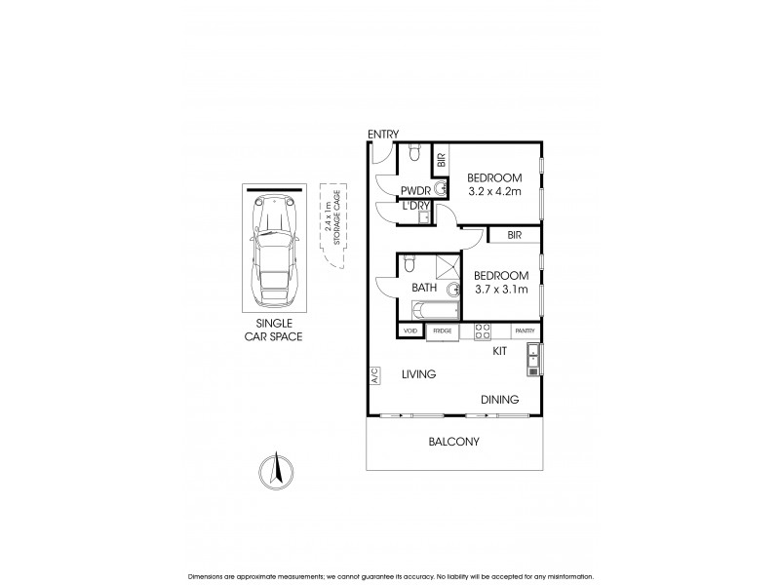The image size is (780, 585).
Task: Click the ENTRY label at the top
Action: (383, 134)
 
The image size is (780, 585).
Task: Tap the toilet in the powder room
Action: (414, 152)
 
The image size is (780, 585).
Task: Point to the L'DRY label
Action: (415, 207)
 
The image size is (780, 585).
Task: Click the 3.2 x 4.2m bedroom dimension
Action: (494, 192)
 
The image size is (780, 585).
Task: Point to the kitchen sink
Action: (532, 359)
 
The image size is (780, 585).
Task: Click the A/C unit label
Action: (373, 375)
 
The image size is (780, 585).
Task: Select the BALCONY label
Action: (454, 442)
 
